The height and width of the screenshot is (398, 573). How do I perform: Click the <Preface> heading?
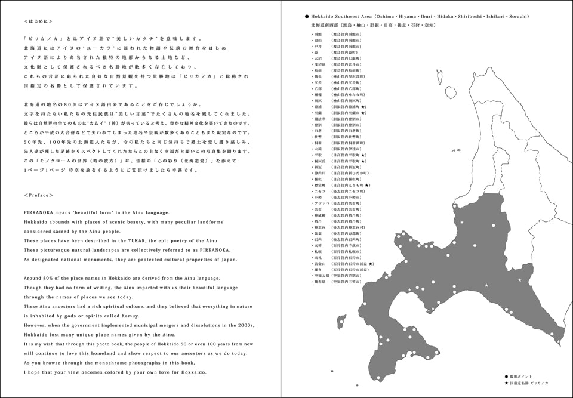[39, 195]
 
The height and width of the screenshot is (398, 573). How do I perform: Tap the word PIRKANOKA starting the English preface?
[37, 213]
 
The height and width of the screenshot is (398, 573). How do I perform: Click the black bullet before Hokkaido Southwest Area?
[306, 17]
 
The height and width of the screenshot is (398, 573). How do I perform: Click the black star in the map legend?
[506, 382]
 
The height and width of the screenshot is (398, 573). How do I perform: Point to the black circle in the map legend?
[506, 377]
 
